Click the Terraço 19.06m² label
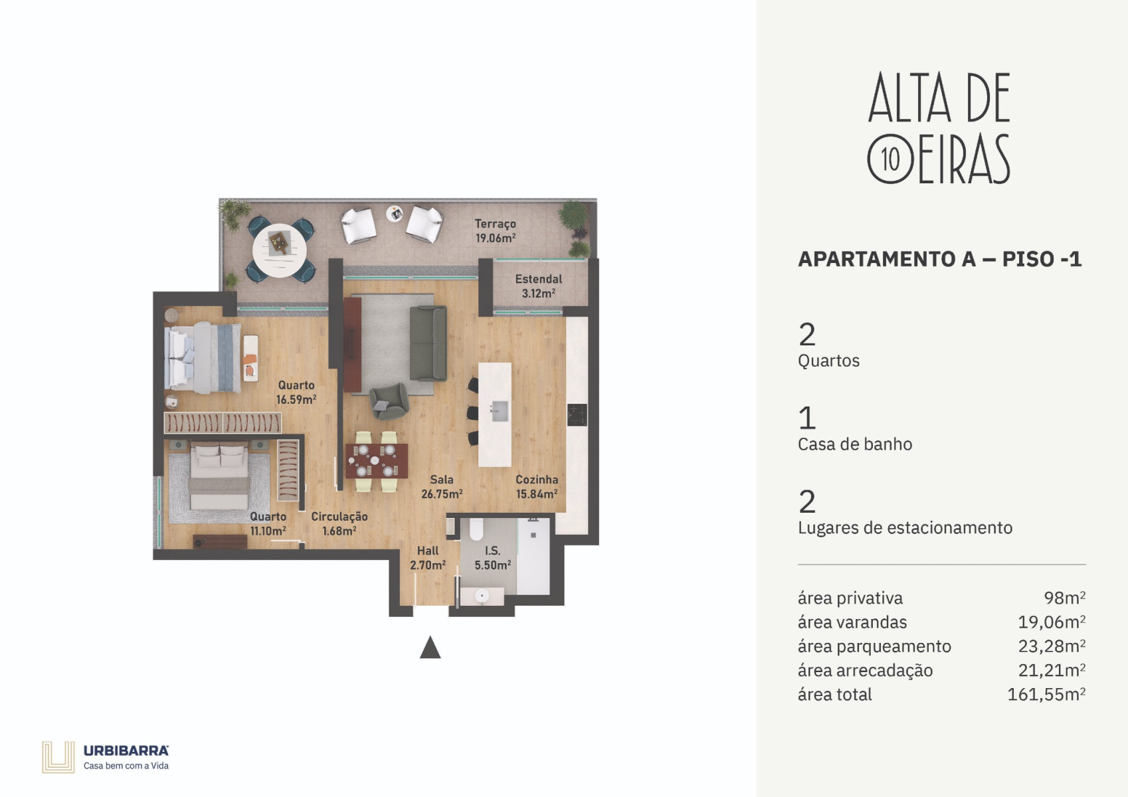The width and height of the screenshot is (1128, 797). (x=496, y=231)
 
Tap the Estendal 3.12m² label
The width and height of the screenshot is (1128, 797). (x=538, y=286)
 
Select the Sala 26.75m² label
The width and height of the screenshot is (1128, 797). (x=442, y=487)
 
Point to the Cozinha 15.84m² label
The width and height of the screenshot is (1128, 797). (x=537, y=487)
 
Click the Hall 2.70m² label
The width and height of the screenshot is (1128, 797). (x=428, y=558)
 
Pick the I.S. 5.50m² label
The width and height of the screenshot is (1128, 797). (x=492, y=558)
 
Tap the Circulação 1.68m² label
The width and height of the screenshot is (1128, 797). (x=339, y=523)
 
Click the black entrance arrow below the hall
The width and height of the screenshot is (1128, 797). (x=430, y=648)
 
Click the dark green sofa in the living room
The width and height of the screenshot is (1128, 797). (x=428, y=343)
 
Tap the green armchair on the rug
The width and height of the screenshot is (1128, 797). (x=389, y=401)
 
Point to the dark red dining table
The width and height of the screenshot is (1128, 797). (x=377, y=461)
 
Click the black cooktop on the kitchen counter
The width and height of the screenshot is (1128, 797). (x=577, y=415)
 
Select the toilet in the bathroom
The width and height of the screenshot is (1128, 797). (x=476, y=529)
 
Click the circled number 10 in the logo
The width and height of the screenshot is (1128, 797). (x=890, y=159)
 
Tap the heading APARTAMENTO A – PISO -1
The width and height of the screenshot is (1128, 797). (x=939, y=259)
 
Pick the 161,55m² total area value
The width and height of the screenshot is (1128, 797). (x=1046, y=694)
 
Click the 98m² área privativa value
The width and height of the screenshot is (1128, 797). (x=1064, y=598)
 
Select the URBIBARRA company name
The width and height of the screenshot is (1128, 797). (x=126, y=751)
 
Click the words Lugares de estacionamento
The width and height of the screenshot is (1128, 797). (x=905, y=527)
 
